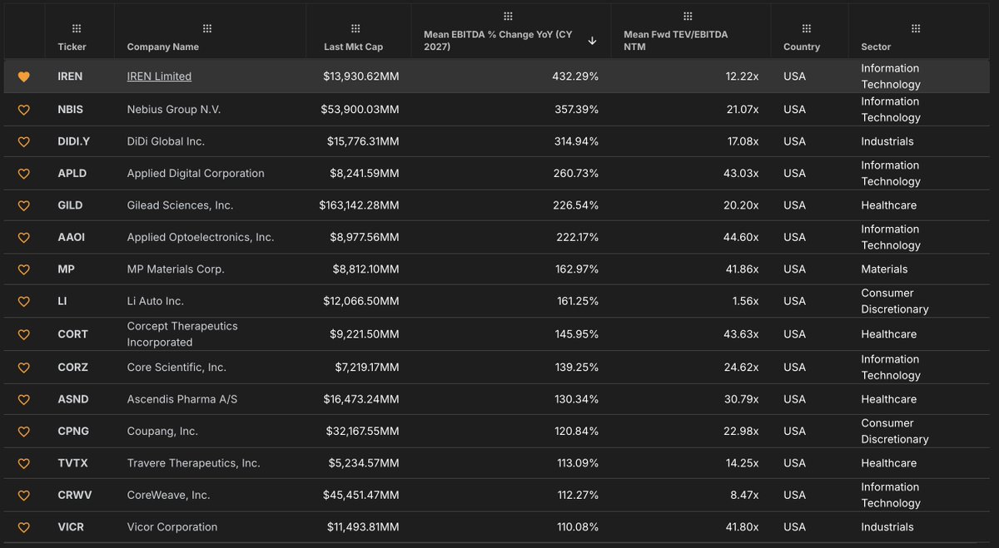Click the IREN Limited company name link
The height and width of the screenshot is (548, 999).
tap(159, 77)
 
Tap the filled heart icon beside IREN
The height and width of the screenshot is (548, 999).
tap(23, 77)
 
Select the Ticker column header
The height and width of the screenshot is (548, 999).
tap(72, 47)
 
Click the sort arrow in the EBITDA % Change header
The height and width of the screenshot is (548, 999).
tap(592, 41)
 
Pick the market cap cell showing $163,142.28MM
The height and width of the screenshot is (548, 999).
tap(359, 205)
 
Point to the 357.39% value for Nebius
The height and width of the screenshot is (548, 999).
tap(576, 110)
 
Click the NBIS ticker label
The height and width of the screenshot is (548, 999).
tap(70, 110)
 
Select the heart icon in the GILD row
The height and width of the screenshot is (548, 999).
tap(23, 206)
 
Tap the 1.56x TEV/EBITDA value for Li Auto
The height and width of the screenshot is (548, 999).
tap(745, 301)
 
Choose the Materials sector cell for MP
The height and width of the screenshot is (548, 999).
tap(884, 269)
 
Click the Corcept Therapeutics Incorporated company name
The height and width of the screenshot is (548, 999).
tap(182, 334)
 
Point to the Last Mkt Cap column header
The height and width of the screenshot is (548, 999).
tap(353, 47)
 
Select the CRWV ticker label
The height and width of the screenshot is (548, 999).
tap(74, 495)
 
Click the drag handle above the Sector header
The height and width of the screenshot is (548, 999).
tap(916, 29)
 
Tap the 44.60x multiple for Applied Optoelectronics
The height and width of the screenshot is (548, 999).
tap(741, 238)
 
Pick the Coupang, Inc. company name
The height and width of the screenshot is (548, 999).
tap(162, 432)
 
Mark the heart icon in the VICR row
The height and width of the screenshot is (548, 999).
tap(23, 527)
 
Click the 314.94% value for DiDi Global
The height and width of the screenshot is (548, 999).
tap(576, 141)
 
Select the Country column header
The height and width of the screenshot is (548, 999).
tap(802, 47)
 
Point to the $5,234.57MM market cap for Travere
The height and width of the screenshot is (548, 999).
tap(364, 463)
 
